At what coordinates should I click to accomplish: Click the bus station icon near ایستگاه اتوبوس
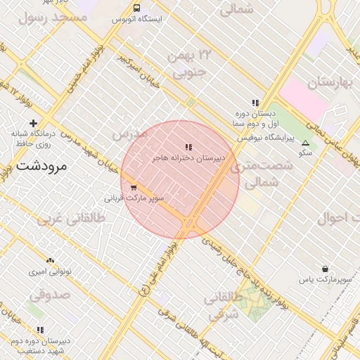pyautogui.click(x=136, y=8)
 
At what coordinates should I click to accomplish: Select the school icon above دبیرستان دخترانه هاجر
pyautogui.click(x=188, y=147)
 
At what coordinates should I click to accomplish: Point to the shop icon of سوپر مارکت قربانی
pyautogui.click(x=134, y=188)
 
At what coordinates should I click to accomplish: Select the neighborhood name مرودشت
pyautogui.click(x=40, y=167)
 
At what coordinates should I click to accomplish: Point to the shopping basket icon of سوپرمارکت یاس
pyautogui.click(x=325, y=269)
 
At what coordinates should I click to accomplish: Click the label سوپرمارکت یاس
pyautogui.click(x=324, y=281)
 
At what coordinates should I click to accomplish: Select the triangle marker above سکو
pyautogui.click(x=304, y=143)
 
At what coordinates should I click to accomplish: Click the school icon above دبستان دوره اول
pyautogui.click(x=255, y=102)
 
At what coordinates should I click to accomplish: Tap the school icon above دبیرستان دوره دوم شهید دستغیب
pyautogui.click(x=40, y=329)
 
